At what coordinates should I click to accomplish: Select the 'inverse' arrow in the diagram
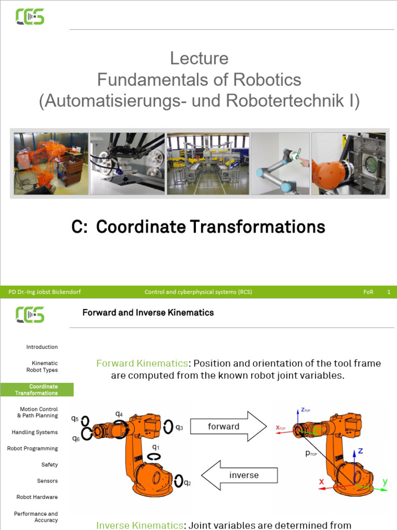[x=239, y=475]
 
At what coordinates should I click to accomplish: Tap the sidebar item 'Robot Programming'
[x=33, y=448]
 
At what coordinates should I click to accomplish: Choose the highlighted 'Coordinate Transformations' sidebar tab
[x=37, y=390]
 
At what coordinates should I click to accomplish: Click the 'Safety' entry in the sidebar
[x=50, y=465]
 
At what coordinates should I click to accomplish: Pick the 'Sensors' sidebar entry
[x=47, y=481]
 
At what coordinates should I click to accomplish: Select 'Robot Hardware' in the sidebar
[x=37, y=497]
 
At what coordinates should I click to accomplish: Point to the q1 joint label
[x=156, y=447]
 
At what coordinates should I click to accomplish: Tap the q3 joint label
[x=179, y=428]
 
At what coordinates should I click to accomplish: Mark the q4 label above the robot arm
[x=119, y=414]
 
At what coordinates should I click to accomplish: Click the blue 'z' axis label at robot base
[x=360, y=451]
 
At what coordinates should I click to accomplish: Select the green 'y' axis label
[x=385, y=482]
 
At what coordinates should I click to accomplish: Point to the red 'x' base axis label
[x=322, y=482]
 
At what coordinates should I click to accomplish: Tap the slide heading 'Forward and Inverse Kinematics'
[x=148, y=312]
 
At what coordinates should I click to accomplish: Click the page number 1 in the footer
[x=389, y=292]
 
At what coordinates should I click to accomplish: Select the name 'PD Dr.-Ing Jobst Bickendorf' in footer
[x=45, y=292]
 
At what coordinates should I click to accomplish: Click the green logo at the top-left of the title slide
[x=30, y=17]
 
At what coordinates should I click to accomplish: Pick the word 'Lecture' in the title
[x=199, y=58]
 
